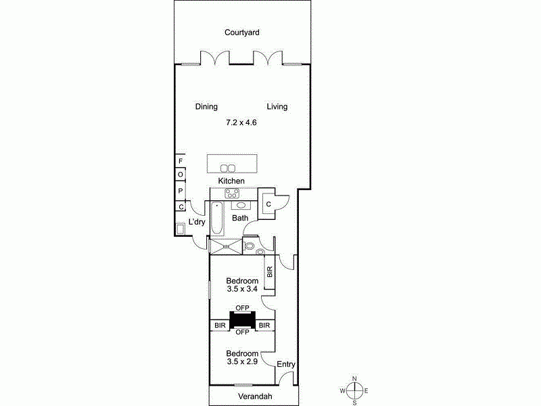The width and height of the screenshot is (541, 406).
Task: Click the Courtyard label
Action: click(242, 32)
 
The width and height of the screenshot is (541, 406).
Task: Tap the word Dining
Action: click(206, 107)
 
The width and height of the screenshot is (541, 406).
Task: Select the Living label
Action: click(277, 107)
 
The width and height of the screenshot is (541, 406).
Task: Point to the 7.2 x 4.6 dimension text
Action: click(241, 123)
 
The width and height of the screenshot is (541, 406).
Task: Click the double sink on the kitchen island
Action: click(229, 168)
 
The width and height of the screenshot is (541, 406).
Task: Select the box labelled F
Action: click(181, 161)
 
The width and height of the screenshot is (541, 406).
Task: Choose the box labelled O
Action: click(181, 175)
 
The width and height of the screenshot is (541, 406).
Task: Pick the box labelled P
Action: click(181, 191)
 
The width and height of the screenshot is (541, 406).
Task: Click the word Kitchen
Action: click(231, 181)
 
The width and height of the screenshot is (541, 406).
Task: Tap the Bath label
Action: click(240, 219)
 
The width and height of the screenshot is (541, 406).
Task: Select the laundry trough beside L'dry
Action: click(181, 229)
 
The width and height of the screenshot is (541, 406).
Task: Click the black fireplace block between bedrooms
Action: click(242, 319)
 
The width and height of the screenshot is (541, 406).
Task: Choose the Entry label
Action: click(286, 365)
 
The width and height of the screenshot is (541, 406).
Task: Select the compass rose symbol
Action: click(354, 391)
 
